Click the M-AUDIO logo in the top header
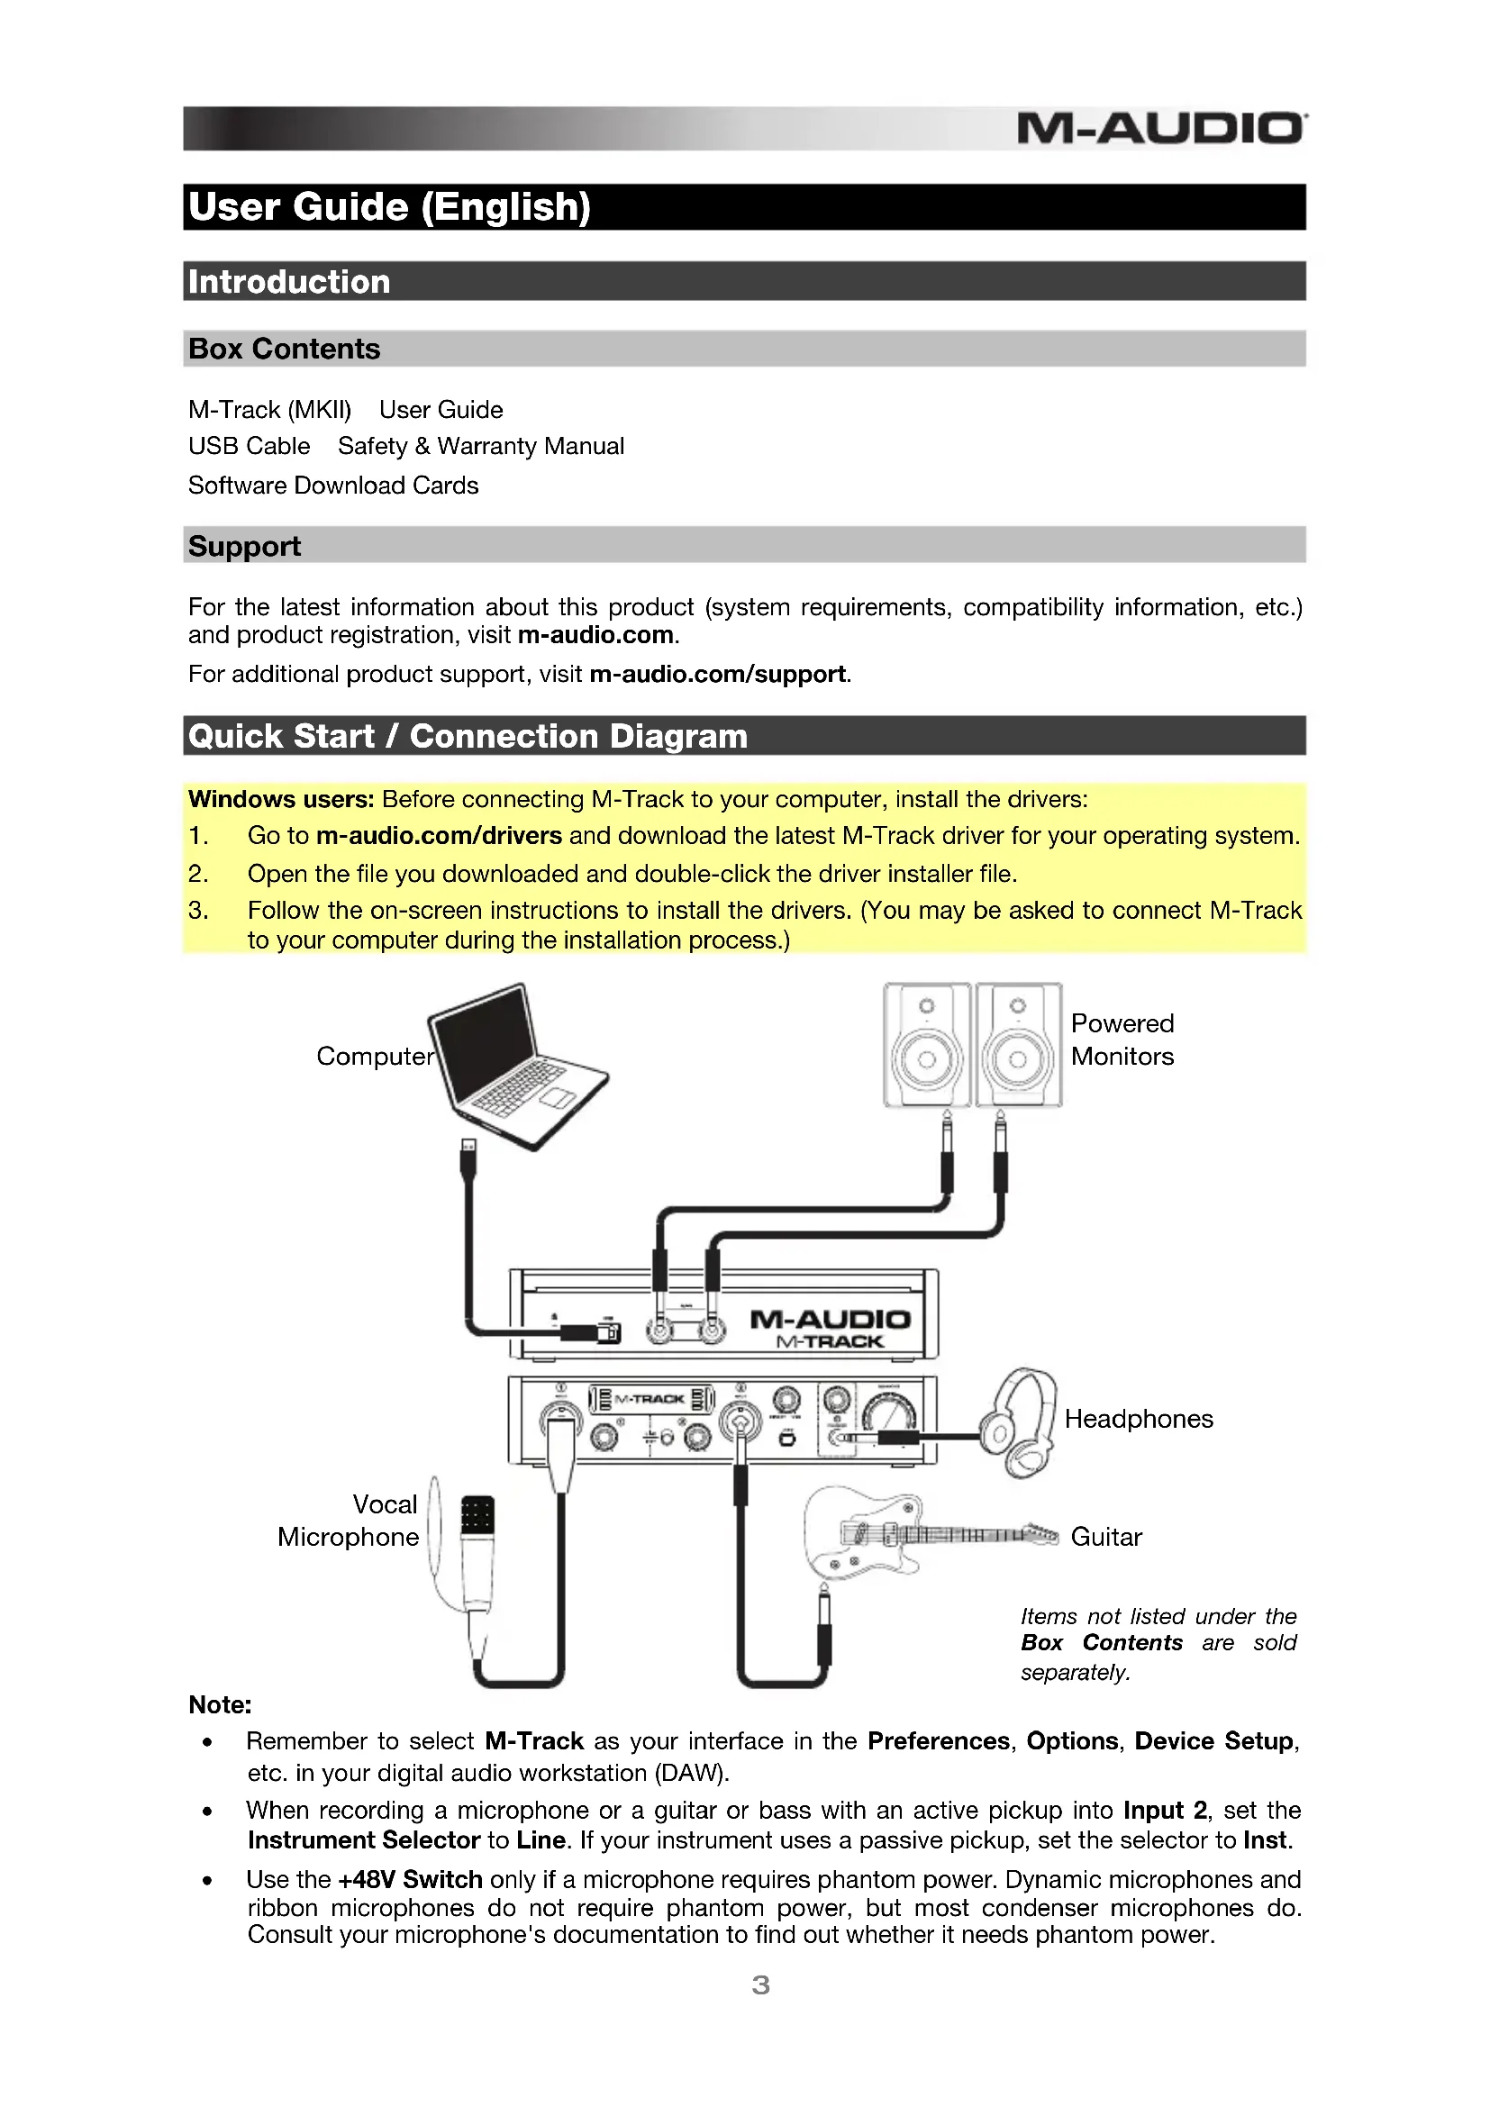pyautogui.click(x=1160, y=129)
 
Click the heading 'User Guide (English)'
pyautogui.click(x=389, y=207)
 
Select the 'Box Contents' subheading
pyautogui.click(x=285, y=350)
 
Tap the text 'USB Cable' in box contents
pyautogui.click(x=249, y=447)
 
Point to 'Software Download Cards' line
pyautogui.click(x=333, y=486)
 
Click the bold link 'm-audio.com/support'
pyautogui.click(x=716, y=675)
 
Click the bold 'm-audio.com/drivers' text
pyautogui.click(x=439, y=836)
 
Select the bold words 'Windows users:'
pyautogui.click(x=281, y=799)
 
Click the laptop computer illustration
pyautogui.click(x=513, y=1065)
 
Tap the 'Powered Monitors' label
pyautogui.click(x=1122, y=1040)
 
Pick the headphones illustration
pyautogui.click(x=1021, y=1422)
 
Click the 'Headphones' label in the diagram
pyautogui.click(x=1138, y=1420)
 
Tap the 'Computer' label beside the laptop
pyautogui.click(x=375, y=1057)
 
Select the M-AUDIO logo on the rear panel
pyautogui.click(x=830, y=1320)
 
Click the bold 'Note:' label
pyautogui.click(x=220, y=1705)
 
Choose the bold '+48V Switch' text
pyautogui.click(x=410, y=1880)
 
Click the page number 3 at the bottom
pyautogui.click(x=760, y=1986)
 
